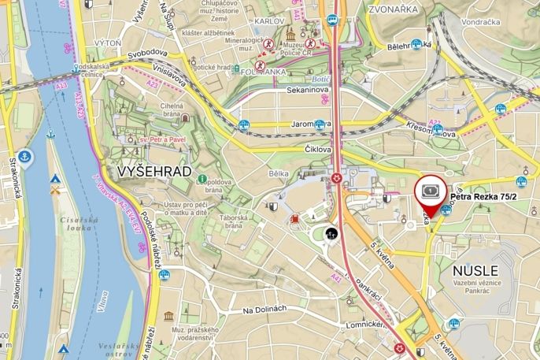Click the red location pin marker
tap(429, 192)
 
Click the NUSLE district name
tap(475, 270)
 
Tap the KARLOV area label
tap(269, 20)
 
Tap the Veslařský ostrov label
tap(119, 350)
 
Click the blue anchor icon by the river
tap(25, 156)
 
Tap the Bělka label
tap(279, 173)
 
